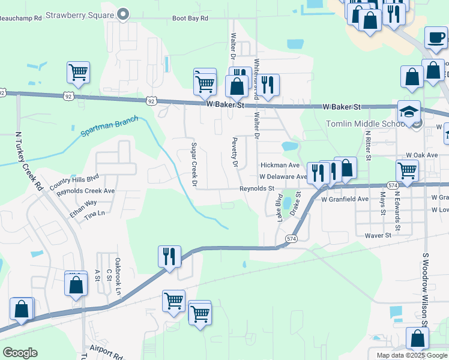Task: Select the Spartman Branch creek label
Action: (104, 130)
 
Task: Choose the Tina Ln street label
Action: (94, 213)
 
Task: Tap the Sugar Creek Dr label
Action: (194, 164)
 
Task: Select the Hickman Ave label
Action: (279, 165)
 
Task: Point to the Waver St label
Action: (378, 235)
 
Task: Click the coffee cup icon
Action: (436, 37)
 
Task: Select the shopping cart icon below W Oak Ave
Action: (408, 170)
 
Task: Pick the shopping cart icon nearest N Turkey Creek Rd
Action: (78, 72)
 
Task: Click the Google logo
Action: (20, 353)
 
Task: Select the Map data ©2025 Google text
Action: (411, 355)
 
